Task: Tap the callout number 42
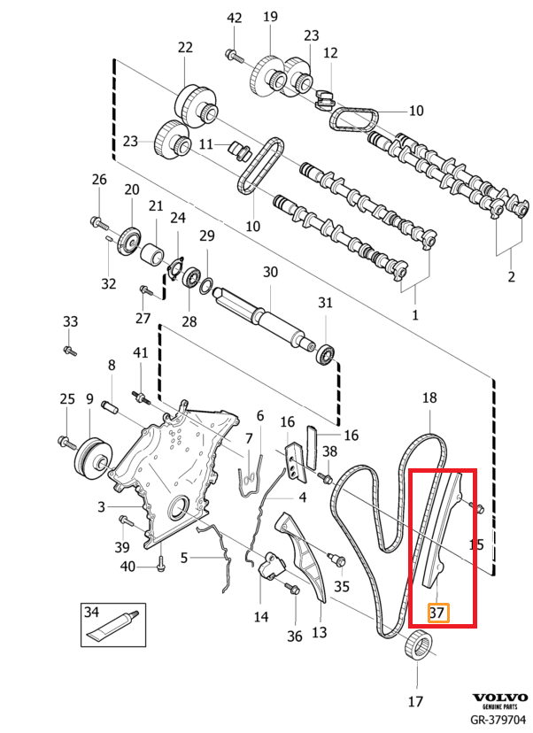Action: tap(234, 18)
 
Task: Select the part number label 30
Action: tap(270, 272)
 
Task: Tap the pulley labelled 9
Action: tap(90, 453)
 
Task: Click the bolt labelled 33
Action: tap(70, 351)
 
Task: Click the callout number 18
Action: tap(429, 398)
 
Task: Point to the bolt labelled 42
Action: tap(234, 56)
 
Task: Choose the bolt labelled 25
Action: tap(65, 440)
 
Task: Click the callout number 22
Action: tap(185, 48)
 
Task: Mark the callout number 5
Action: tap(185, 558)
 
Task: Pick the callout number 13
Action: tap(319, 631)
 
